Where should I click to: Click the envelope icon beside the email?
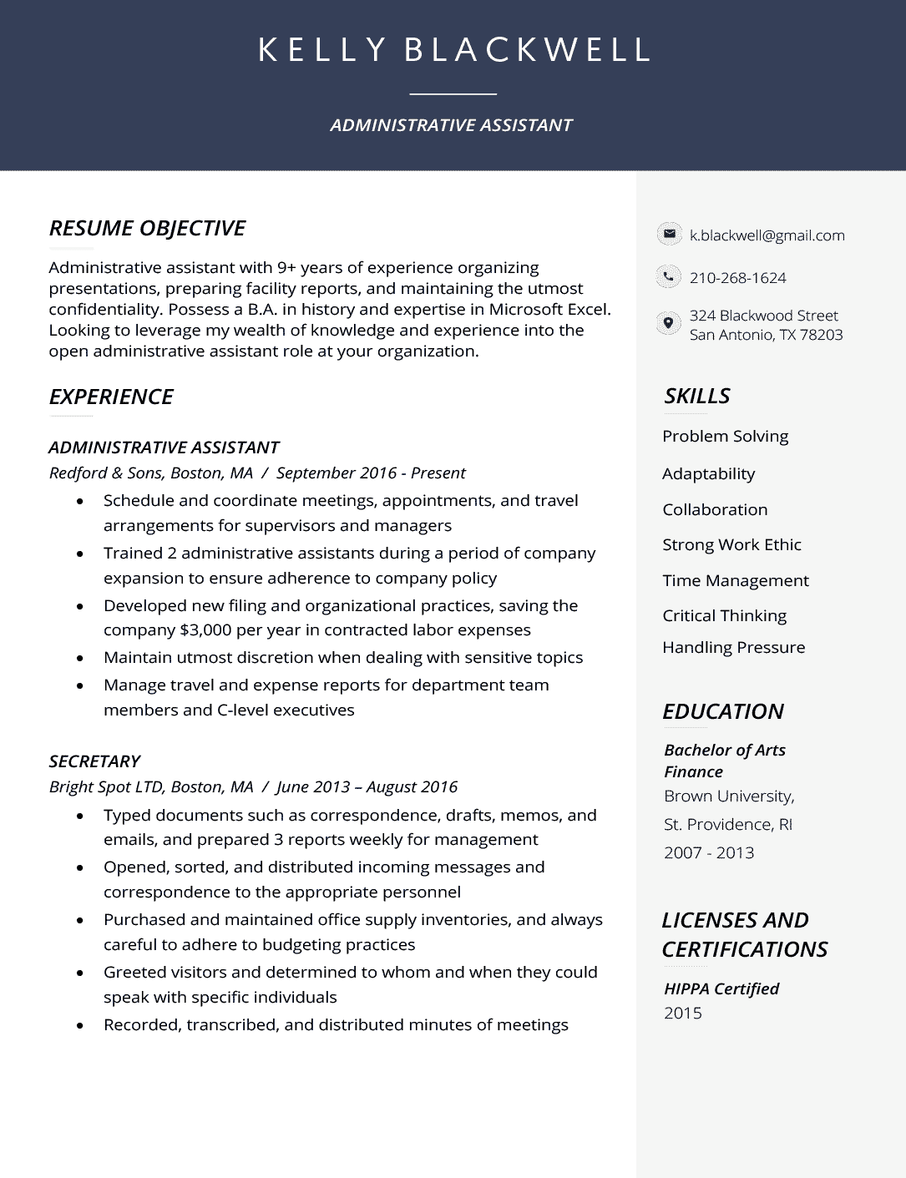pos(668,235)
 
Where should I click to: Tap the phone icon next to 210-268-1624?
pos(668,276)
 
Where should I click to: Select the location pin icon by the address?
pos(668,324)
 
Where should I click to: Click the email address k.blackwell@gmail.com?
pos(767,235)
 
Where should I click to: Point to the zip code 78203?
pos(822,335)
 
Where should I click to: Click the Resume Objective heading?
pos(147,228)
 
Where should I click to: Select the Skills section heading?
pos(696,396)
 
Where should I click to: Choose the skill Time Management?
pos(735,580)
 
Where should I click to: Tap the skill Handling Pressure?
pos(733,647)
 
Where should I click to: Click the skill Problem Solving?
pos(725,436)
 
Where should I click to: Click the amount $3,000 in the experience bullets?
pos(205,630)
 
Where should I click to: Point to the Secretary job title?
pos(94,761)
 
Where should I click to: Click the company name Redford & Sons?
pos(105,473)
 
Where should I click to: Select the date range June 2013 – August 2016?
pos(367,786)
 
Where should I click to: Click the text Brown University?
pos(728,796)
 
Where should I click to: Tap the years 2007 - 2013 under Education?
pos(709,852)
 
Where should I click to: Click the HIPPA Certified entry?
pos(721,988)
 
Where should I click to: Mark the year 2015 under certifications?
pos(682,1013)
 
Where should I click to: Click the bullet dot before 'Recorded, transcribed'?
pos(80,1025)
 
